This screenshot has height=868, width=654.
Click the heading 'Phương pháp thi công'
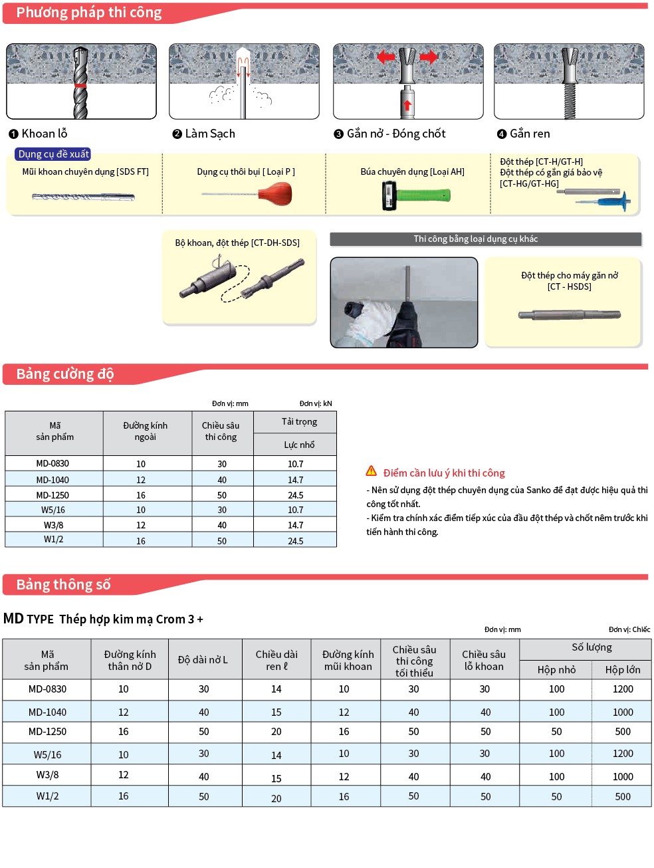88,13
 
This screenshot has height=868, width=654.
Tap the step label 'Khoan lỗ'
44,134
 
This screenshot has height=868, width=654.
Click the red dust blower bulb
275,194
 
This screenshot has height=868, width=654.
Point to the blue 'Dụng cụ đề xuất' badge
53,154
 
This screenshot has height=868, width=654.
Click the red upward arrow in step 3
407,104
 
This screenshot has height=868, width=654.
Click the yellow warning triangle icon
372,471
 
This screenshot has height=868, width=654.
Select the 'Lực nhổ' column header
299,445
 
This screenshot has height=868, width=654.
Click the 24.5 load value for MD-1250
295,495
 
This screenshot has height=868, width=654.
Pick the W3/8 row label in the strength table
54,525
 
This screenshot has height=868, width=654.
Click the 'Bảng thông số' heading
63,585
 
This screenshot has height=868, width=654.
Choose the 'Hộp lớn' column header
622,669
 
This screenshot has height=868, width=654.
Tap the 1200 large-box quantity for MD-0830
622,689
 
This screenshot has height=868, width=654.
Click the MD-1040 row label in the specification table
47,712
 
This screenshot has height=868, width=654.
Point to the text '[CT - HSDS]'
569,286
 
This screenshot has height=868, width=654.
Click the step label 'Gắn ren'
530,134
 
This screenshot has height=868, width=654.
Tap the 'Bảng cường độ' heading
64,374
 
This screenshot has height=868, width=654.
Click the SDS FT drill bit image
83,197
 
